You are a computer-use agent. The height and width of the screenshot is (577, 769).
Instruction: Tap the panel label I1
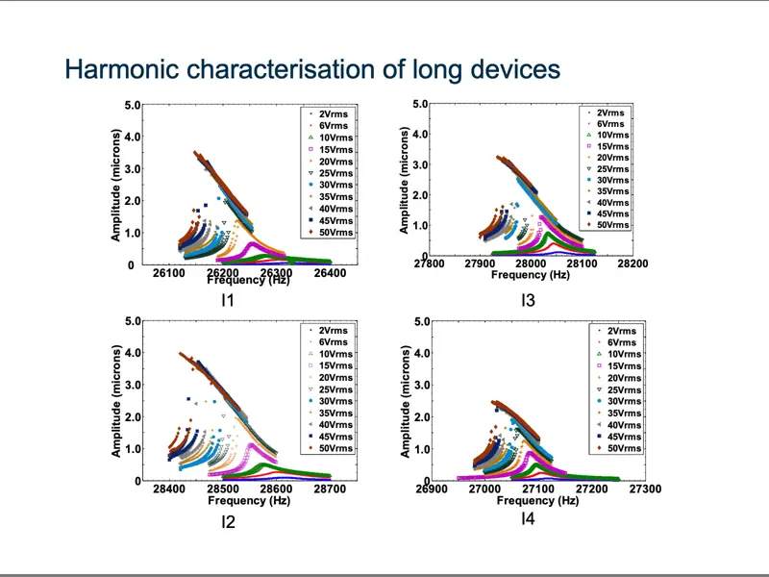(x=228, y=300)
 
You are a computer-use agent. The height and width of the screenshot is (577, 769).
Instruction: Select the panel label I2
(x=228, y=522)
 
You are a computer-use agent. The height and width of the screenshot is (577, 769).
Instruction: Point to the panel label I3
(x=528, y=301)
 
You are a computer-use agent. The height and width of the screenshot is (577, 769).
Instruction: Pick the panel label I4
(x=528, y=519)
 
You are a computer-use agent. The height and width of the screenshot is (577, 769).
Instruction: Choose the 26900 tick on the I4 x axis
(x=432, y=489)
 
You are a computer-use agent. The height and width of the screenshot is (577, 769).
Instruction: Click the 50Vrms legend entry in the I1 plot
(x=335, y=233)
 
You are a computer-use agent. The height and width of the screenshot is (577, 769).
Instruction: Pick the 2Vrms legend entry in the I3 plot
(x=609, y=113)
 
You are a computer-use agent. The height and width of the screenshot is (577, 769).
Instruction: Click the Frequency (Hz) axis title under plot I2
(x=248, y=501)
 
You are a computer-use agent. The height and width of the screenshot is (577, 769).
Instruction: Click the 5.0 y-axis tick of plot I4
(x=420, y=321)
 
